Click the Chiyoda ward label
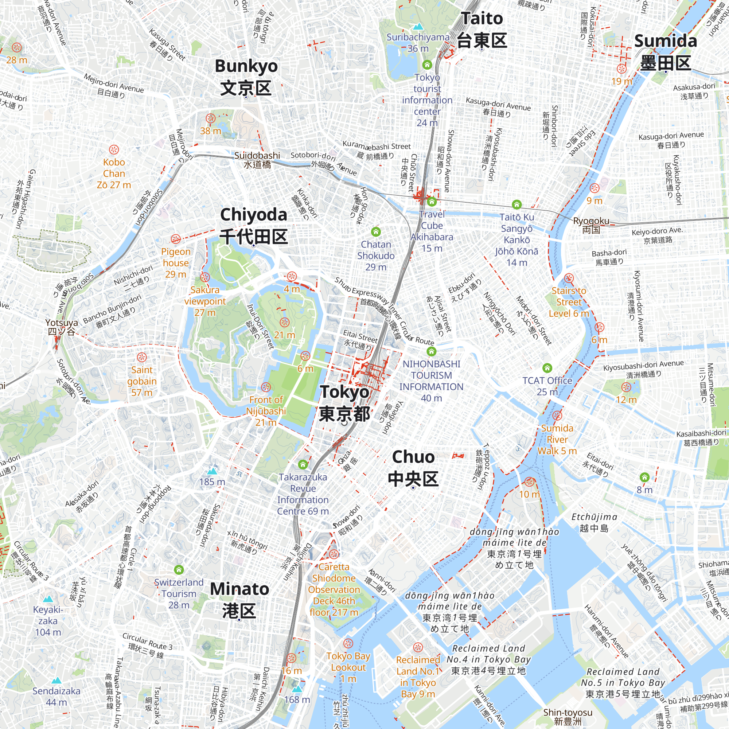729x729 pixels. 254,225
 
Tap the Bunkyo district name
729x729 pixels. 246,77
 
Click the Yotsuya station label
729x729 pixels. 62,327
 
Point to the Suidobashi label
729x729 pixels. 257,160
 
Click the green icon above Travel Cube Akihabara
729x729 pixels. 432,202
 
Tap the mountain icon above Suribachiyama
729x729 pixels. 418,27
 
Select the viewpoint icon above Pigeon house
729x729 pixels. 175,239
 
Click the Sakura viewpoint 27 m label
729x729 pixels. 205,301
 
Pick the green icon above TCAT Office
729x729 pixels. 547,367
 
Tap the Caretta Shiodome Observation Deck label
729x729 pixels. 334,589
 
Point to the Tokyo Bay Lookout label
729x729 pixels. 348,667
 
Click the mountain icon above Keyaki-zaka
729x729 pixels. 48,599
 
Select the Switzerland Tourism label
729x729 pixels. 179,593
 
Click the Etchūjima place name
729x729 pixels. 594,522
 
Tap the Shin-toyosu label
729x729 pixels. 568,717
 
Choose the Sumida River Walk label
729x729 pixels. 557,439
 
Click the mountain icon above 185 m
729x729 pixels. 212,471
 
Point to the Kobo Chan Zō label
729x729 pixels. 114,173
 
